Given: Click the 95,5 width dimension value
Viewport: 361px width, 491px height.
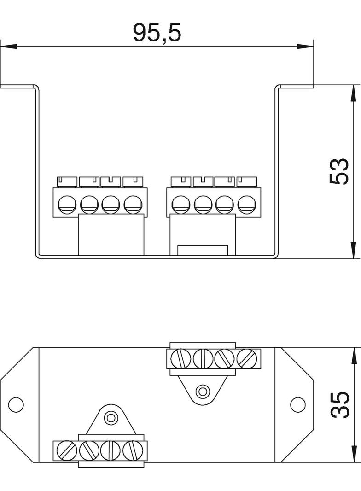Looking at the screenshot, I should tap(157, 33).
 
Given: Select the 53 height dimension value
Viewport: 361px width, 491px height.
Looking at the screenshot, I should tap(339, 171).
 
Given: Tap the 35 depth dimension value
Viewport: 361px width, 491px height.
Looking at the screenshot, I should tap(339, 405).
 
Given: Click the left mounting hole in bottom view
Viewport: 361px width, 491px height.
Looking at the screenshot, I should tap(16, 404).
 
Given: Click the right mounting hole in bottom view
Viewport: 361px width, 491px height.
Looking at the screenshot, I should tap(298, 404).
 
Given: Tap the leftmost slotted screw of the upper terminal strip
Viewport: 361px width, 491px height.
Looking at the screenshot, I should tap(180, 358).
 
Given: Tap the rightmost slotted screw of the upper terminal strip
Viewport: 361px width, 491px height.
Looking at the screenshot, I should tap(247, 358).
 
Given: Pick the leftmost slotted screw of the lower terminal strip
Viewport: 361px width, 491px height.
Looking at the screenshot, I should tap(67, 450).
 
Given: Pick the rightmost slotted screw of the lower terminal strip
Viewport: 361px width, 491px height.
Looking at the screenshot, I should tap(134, 450).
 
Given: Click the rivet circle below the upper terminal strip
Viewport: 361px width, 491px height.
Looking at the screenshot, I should tap(202, 392).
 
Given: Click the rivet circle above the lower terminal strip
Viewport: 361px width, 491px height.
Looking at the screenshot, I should tap(110, 418).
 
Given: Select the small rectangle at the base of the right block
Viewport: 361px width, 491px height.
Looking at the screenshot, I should tap(203, 251).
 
